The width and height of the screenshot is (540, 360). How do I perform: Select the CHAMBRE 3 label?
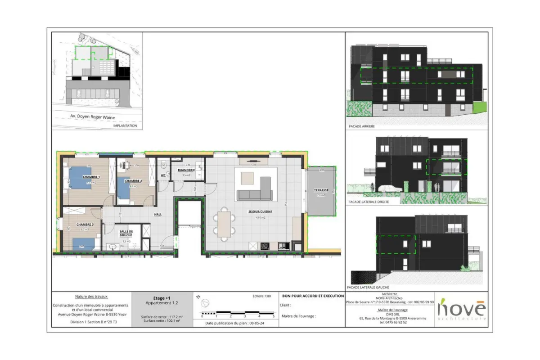pyautogui.click(x=85, y=224)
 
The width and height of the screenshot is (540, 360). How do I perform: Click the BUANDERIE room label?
pyautogui.click(x=186, y=171)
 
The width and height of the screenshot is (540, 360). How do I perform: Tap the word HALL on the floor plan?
pyautogui.click(x=157, y=214)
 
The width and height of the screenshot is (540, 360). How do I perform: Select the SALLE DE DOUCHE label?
pyautogui.click(x=126, y=234)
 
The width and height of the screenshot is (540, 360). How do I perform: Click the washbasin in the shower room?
pyautogui.click(x=112, y=246)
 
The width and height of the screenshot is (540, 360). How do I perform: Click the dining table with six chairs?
pyautogui.click(x=224, y=223)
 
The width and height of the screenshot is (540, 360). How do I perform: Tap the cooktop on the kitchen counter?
pyautogui.click(x=265, y=246)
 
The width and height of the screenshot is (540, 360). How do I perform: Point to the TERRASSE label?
pyautogui.click(x=321, y=190)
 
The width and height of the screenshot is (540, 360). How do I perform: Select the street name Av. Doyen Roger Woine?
pyautogui.click(x=92, y=117)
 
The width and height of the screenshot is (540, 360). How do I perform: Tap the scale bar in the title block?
pyautogui.click(x=237, y=313)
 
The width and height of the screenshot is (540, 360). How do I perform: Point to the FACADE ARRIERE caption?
pyautogui.click(x=362, y=126)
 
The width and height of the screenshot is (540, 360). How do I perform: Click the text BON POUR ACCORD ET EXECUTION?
pyautogui.click(x=312, y=296)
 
